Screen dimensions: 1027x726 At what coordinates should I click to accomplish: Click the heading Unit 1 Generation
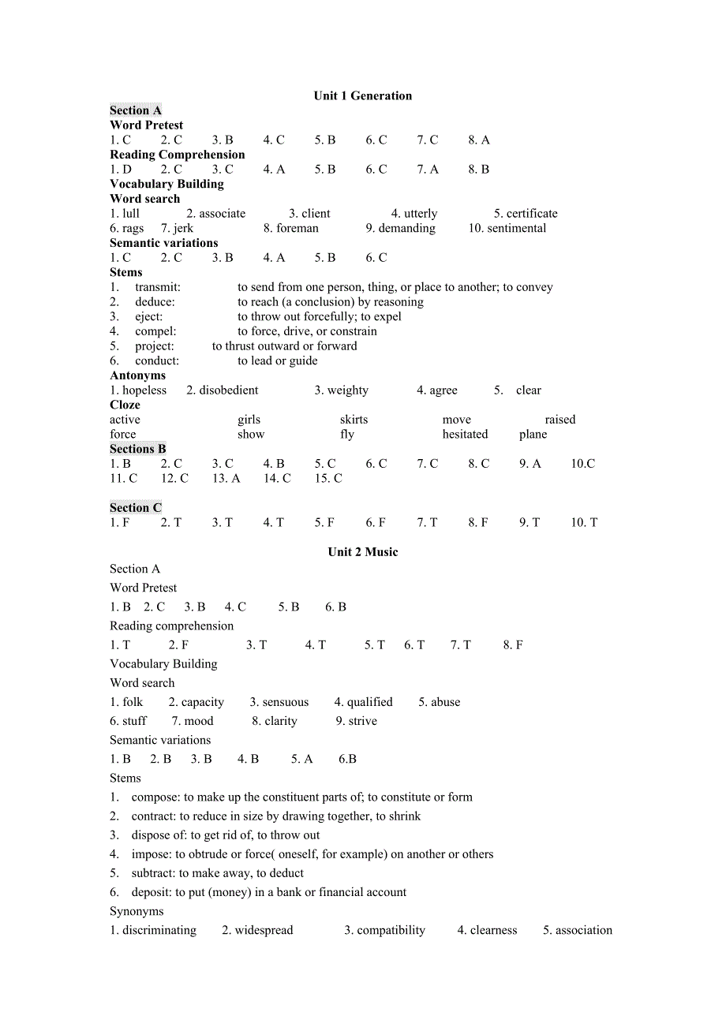(362, 96)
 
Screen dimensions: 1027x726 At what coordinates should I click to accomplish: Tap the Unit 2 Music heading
(363, 552)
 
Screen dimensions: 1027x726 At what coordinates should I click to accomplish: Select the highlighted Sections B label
(138, 449)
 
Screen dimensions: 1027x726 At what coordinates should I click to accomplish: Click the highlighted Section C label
(136, 508)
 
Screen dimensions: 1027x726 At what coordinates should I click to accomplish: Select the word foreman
(298, 229)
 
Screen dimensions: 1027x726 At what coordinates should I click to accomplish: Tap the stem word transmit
(157, 288)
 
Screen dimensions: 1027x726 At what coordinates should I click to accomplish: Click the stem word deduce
(154, 302)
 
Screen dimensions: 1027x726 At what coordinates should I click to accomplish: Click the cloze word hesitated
(465, 435)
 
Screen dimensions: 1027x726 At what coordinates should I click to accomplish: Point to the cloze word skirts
(354, 420)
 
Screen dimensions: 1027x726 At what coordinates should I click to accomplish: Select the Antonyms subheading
(138, 375)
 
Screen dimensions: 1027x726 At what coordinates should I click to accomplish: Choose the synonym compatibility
(391, 931)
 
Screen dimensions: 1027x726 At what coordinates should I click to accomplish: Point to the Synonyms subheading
(137, 912)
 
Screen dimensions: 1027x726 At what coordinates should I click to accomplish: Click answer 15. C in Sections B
(328, 479)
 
